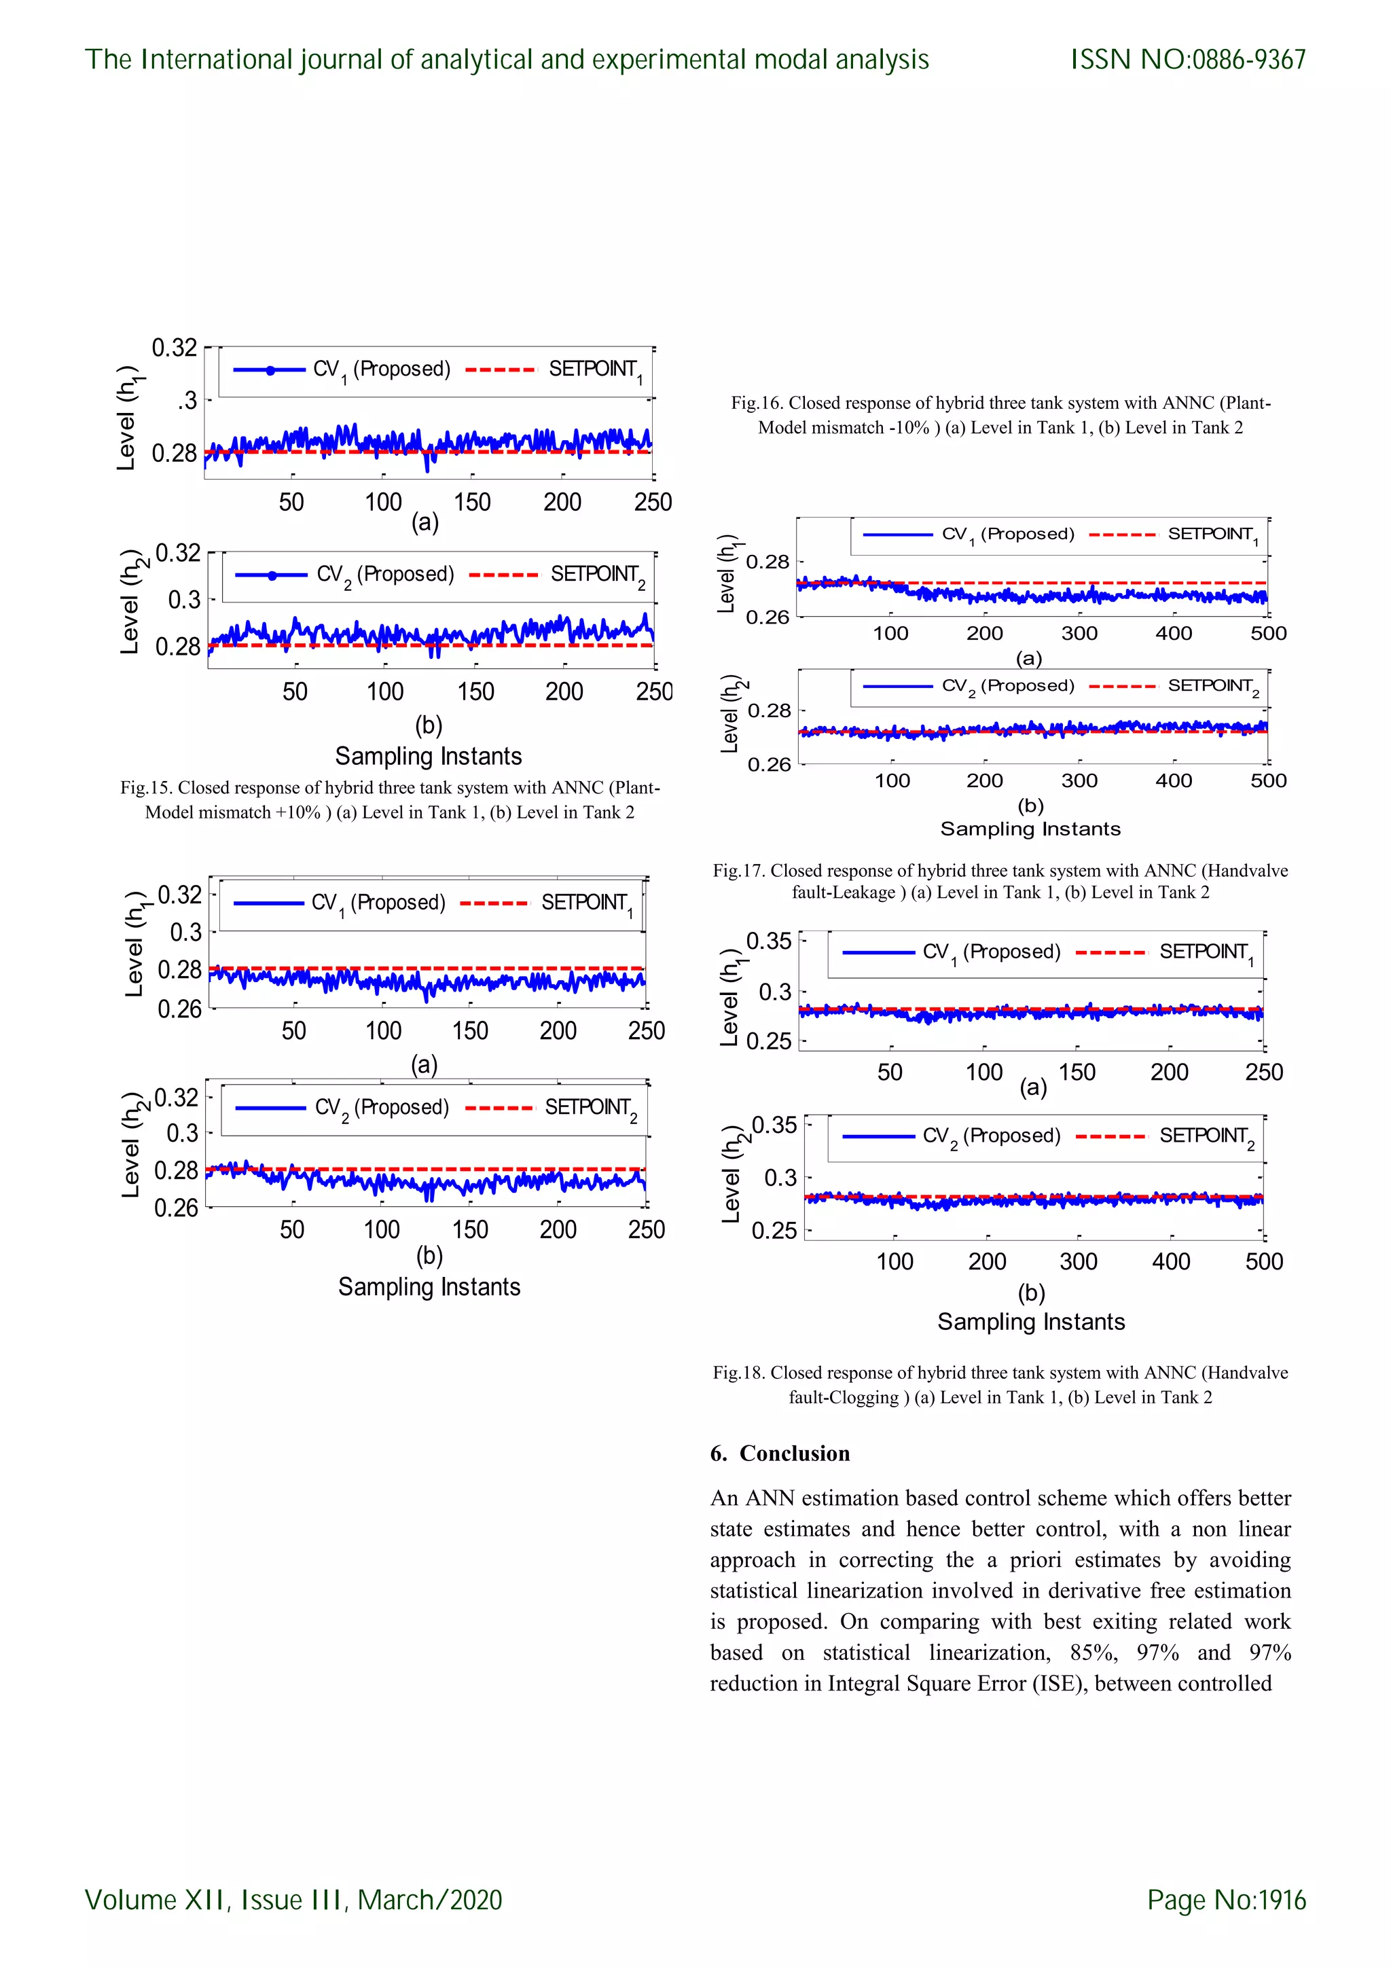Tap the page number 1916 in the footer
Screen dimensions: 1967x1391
click(x=1282, y=1899)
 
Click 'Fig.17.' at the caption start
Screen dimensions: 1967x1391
click(x=739, y=871)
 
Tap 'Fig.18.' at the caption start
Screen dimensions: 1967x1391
click(x=739, y=1373)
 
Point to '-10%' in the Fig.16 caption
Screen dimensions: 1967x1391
click(x=909, y=427)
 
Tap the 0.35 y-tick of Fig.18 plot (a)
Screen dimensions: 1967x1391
click(x=768, y=941)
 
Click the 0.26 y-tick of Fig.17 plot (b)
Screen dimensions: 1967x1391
click(x=769, y=763)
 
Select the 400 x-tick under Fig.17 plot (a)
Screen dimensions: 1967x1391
click(x=1174, y=633)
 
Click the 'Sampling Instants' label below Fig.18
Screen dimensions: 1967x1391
click(x=1030, y=1322)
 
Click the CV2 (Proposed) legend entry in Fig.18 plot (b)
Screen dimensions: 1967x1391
click(x=991, y=1136)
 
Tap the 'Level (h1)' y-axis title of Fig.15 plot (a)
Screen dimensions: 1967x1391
click(x=128, y=419)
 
